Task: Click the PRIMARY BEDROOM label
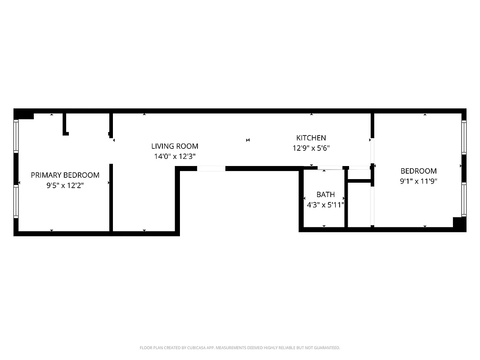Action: [65, 175]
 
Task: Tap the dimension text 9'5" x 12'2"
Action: [65, 185]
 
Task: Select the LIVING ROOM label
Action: [175, 146]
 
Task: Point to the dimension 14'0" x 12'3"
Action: [175, 157]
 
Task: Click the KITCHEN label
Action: [311, 138]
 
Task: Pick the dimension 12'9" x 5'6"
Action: [311, 148]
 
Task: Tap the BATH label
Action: [325, 194]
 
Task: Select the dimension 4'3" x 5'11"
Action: [325, 205]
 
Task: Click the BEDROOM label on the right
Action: [418, 171]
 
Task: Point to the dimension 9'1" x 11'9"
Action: [418, 181]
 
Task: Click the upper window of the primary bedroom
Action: [16, 136]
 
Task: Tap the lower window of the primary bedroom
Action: [16, 202]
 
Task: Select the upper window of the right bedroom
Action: [464, 137]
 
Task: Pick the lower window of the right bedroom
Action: [464, 199]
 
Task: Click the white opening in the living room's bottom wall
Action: [211, 169]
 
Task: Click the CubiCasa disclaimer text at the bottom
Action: [240, 348]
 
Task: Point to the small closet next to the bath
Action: [359, 205]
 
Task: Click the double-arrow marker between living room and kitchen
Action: [248, 140]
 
